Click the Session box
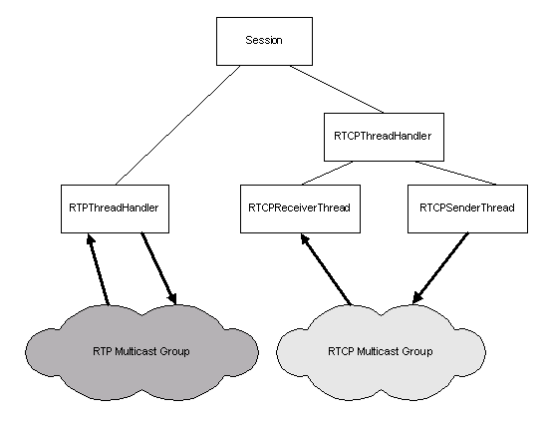point(264,41)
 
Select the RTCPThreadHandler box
point(384,137)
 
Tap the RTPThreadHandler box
point(115,209)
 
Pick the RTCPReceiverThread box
point(300,209)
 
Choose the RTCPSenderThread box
point(467,209)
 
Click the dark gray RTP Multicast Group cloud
point(141,352)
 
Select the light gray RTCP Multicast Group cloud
point(381,352)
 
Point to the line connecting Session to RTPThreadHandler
point(177,125)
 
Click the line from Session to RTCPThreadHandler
point(337,89)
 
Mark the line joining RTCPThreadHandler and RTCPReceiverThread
point(328,173)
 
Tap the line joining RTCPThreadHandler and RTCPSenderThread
point(455,173)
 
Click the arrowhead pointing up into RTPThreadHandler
point(91,239)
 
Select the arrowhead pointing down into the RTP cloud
point(172,298)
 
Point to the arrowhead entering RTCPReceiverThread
point(305,238)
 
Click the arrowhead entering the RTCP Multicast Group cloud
point(417,298)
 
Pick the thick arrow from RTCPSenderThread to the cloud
point(440,269)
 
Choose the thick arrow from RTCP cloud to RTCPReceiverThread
point(326,269)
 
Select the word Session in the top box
point(264,40)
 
